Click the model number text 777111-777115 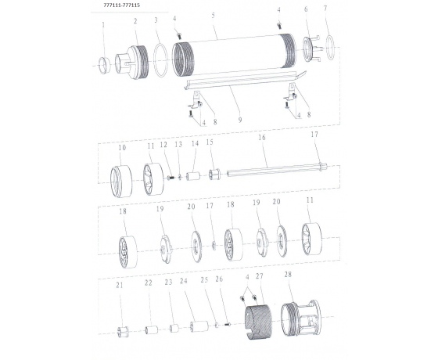click(x=121, y=5)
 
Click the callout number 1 click(x=103, y=25)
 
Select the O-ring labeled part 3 click(x=161, y=60)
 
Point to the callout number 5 click(x=213, y=15)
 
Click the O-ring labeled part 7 click(x=330, y=48)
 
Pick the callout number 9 click(x=240, y=120)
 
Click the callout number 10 click(x=122, y=148)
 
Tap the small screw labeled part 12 click(x=171, y=177)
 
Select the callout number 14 click(x=195, y=143)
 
